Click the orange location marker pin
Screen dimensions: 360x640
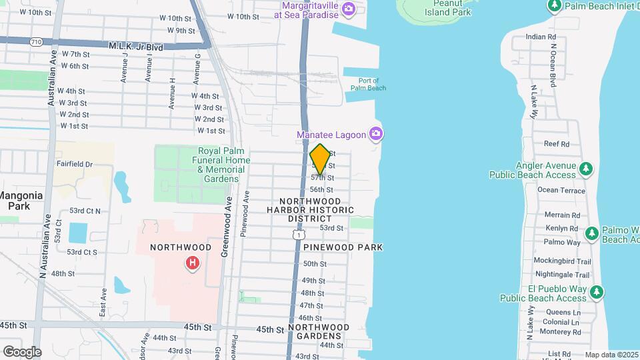[x=320, y=159]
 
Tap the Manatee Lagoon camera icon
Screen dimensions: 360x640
[x=377, y=135]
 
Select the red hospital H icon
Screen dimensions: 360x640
[x=193, y=263]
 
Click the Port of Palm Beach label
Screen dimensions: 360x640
[x=368, y=84]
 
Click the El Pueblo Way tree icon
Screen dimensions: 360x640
[x=597, y=291]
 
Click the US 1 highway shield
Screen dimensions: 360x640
[x=299, y=235]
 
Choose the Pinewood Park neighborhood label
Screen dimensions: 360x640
[x=343, y=247]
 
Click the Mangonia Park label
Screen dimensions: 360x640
[x=21, y=201]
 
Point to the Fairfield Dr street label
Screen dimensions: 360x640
[x=74, y=163]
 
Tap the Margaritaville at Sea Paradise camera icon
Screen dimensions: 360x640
[x=348, y=9]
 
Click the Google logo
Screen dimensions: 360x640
[x=22, y=351]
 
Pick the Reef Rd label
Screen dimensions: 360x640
[x=557, y=143]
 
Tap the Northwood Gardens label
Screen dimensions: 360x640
[x=319, y=331]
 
